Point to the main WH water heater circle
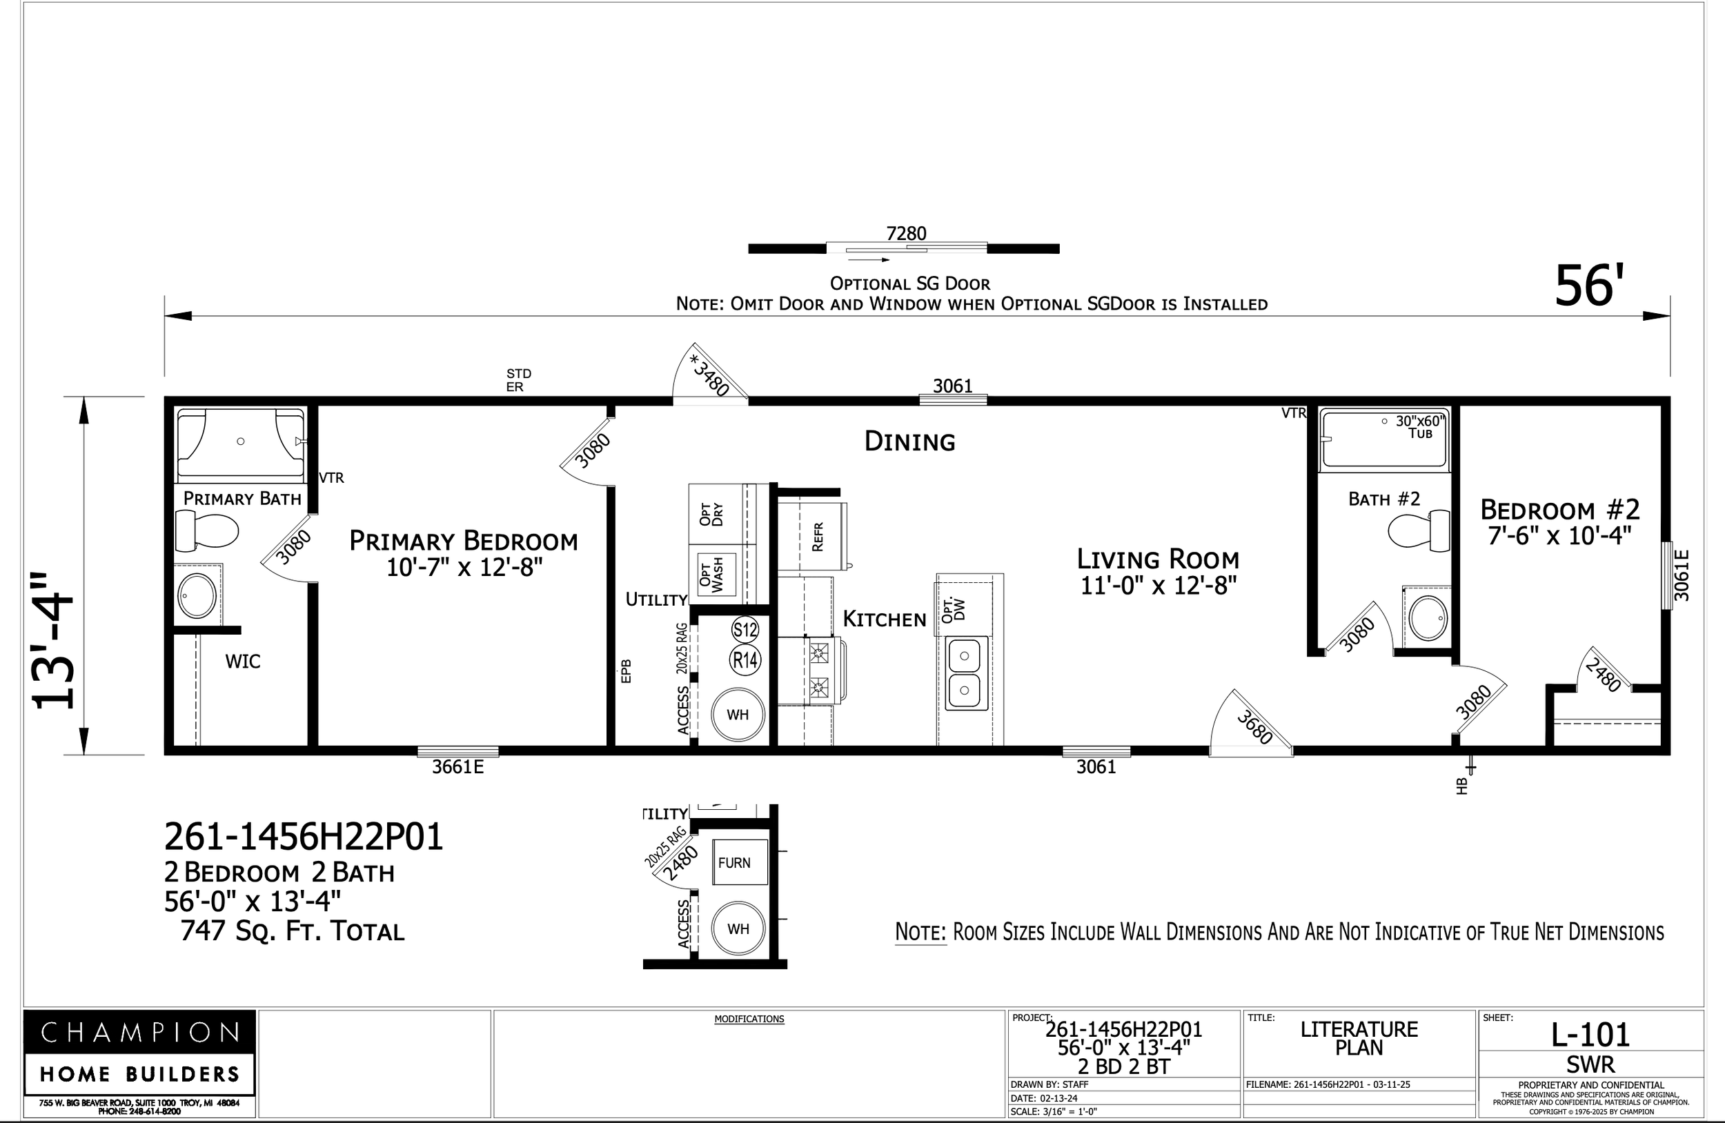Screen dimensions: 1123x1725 click(x=737, y=715)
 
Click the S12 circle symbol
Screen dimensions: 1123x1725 click(x=745, y=630)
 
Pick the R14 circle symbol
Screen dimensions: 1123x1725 click(x=745, y=660)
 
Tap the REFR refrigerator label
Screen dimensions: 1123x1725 click(x=818, y=537)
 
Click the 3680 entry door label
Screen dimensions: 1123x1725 click(x=1254, y=726)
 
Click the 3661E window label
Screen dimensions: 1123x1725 click(x=457, y=767)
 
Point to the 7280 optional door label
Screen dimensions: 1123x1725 click(x=906, y=233)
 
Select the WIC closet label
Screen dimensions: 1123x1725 click(x=243, y=662)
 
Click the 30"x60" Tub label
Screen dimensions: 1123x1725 click(x=1420, y=427)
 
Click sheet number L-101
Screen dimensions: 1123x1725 click(x=1590, y=1035)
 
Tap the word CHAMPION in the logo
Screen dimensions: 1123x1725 click(x=139, y=1033)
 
